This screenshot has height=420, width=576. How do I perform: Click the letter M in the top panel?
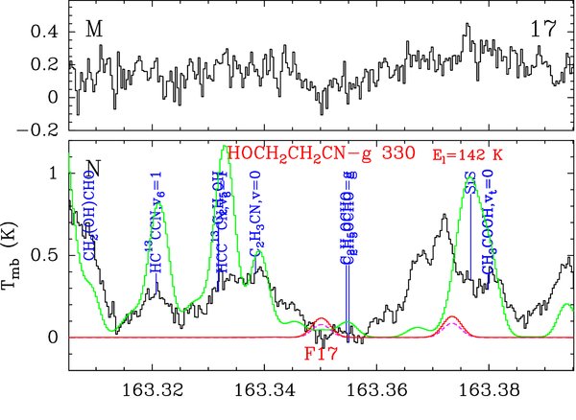pyautogui.click(x=94, y=29)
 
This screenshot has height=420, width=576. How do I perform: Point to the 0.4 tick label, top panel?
pyautogui.click(x=46, y=32)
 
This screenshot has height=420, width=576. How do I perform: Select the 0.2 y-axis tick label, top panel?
pyautogui.click(x=46, y=64)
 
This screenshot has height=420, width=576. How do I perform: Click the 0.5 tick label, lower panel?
pyautogui.click(x=46, y=255)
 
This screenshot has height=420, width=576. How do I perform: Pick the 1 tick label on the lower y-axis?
pyautogui.click(x=54, y=174)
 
